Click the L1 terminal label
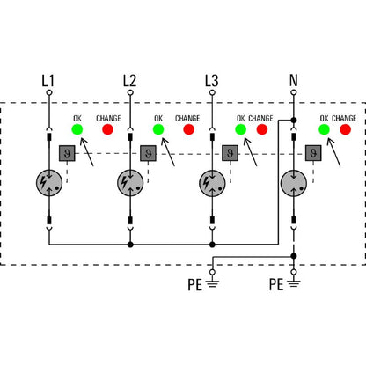pos(48,82)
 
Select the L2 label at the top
pos(129,82)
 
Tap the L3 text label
pos(211,82)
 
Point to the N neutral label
pos(293,82)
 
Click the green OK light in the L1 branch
pos(77,130)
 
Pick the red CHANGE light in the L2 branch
pos(188,130)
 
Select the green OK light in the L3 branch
pos(240,130)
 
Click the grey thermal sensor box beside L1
pos(66,152)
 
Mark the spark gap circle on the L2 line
pos(130,183)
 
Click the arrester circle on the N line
pos(293,183)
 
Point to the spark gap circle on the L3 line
pos(211,183)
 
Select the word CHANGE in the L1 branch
pos(106,117)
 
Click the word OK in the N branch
pos(324,117)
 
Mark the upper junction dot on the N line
pos(293,121)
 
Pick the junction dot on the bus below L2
pos(130,244)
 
